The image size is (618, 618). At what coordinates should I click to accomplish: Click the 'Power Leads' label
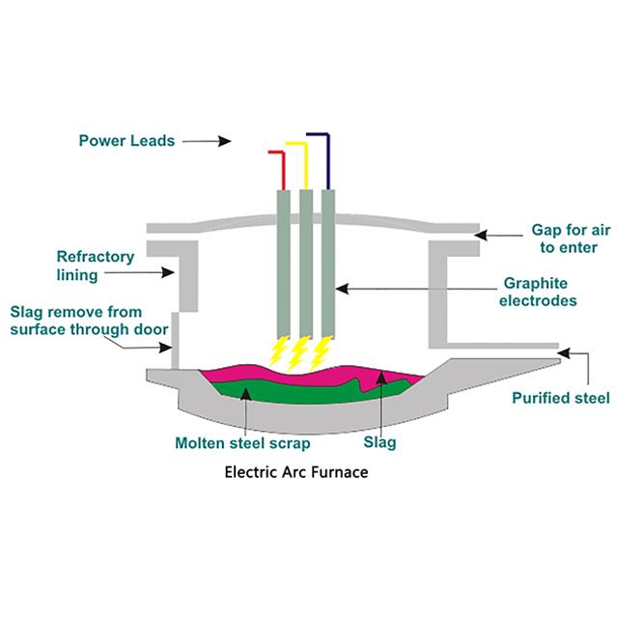[126, 140]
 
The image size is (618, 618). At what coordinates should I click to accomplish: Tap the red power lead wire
[282, 170]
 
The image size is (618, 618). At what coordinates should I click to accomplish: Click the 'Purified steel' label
[561, 397]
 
